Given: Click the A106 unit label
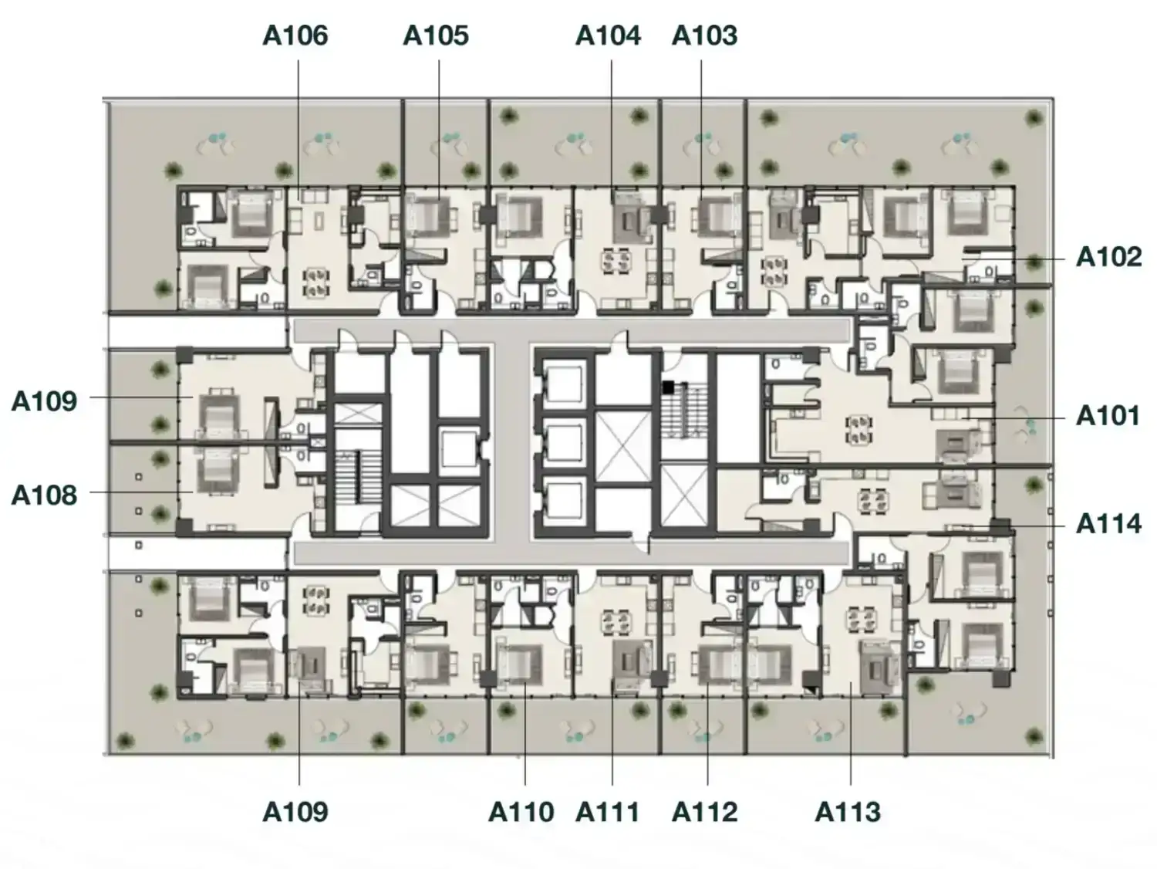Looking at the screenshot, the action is pos(295,36).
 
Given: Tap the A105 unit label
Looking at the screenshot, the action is pos(436,36).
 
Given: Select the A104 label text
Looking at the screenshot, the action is pos(609,36).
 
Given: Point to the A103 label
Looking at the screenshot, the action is pos(705,36).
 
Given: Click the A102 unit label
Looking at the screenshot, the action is pos(1108,257).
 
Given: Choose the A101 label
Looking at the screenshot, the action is pos(1108,416).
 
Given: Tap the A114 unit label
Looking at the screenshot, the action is pos(1108,524).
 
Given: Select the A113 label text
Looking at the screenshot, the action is pos(848,812).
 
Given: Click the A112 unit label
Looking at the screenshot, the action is pos(705,812).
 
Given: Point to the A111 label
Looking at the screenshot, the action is pos(607,812).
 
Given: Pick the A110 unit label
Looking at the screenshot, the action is pos(521,812).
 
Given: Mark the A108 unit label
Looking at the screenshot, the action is pos(44,495).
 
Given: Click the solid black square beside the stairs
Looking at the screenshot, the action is pos(669,387).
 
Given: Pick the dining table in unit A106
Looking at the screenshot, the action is pos(316,282).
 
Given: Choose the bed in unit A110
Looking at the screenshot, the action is pos(519,664).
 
